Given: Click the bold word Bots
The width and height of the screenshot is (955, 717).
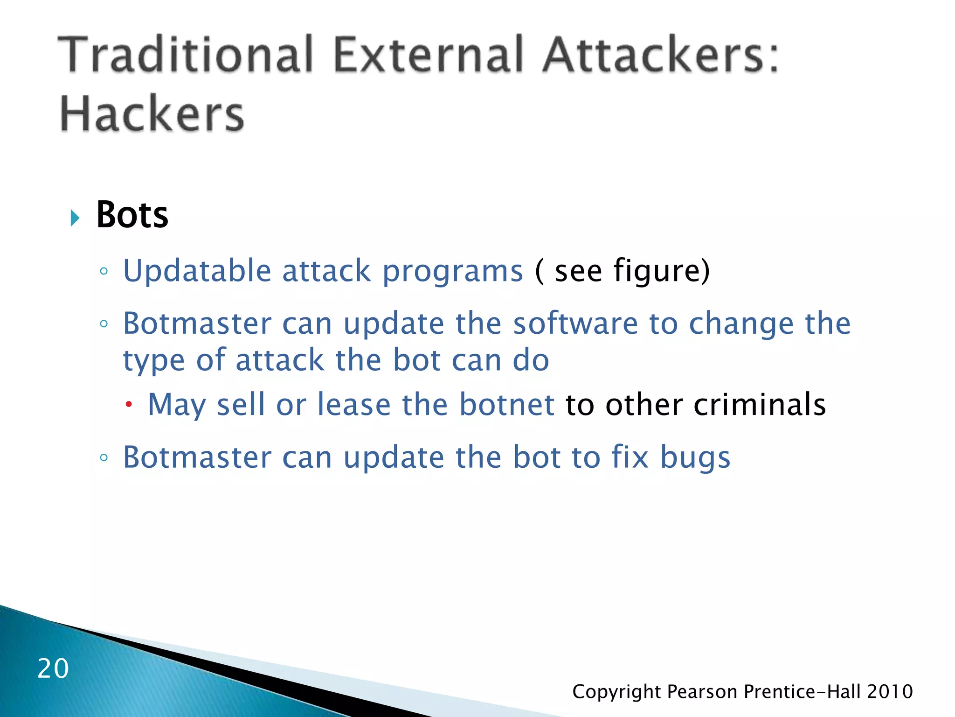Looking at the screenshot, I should click(x=132, y=215).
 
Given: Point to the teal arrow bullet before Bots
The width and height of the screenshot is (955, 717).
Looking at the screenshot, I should click(x=75, y=218).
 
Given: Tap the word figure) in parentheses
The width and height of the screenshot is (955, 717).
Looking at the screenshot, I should click(x=661, y=272).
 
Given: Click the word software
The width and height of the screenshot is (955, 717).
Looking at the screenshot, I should click(x=575, y=323).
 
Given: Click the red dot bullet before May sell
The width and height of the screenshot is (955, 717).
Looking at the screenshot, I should click(x=129, y=405).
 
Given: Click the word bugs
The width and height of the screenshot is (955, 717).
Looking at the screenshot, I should click(x=695, y=458).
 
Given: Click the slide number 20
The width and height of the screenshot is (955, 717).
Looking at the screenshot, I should click(x=53, y=668).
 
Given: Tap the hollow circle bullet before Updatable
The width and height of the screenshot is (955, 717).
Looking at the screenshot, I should click(x=104, y=271).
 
